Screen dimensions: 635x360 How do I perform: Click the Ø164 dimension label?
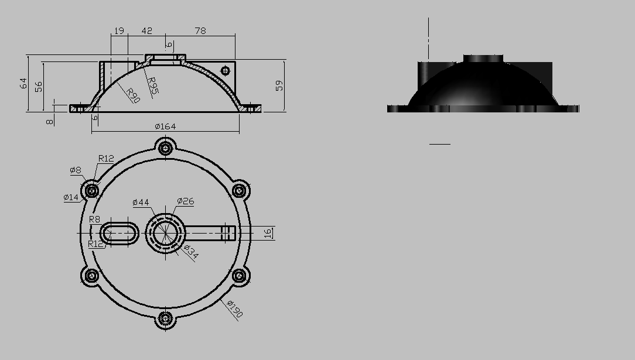165,126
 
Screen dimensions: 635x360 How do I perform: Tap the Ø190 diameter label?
235,308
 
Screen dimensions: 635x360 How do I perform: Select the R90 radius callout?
133,95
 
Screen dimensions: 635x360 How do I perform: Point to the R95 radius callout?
152,85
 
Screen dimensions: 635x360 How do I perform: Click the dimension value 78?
200,31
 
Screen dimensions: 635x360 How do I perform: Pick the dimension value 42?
147,31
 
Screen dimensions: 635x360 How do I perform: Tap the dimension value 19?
119,31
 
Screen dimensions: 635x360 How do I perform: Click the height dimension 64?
23,83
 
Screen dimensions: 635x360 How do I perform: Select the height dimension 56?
39,87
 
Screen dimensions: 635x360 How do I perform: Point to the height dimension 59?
279,85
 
